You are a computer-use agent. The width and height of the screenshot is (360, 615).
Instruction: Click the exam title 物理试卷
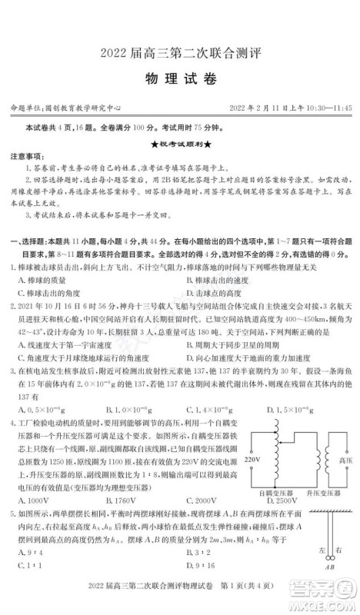(x=180, y=79)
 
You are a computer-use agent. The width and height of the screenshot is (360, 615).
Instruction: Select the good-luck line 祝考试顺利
(x=180, y=144)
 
